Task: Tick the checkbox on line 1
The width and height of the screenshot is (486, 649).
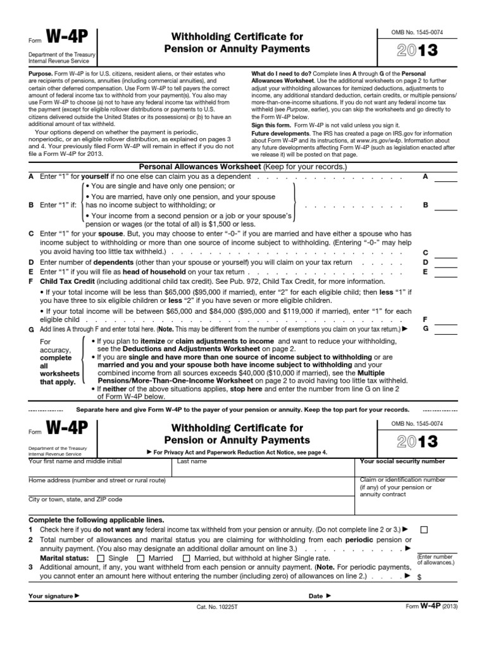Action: pos(424,529)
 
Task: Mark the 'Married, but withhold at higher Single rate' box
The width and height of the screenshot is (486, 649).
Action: pos(186,558)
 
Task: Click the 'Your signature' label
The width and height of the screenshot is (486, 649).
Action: pos(54,596)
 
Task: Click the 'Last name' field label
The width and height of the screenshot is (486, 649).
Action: pos(192,462)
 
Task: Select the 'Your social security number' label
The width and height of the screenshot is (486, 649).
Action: pos(402,462)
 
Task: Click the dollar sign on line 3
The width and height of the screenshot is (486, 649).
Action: pos(419,578)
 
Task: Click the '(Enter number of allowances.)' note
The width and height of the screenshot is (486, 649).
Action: pos(437,559)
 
